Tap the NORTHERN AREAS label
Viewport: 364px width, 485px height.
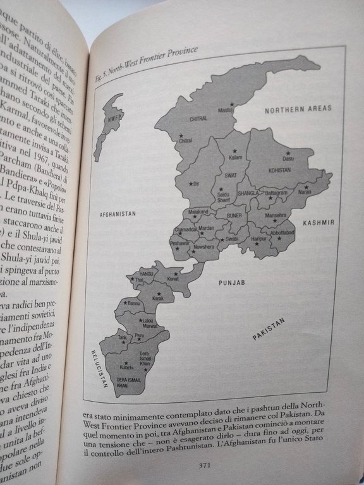tap(298, 109)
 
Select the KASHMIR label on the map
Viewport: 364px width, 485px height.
tap(317, 223)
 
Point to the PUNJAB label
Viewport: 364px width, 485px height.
tap(231, 284)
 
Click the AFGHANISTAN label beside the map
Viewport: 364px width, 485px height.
tap(118, 214)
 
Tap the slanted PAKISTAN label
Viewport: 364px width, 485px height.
tap(269, 329)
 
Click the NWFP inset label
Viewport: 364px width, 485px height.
tap(114, 117)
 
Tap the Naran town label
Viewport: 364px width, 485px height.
tap(305, 195)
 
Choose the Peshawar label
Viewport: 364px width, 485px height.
tap(180, 243)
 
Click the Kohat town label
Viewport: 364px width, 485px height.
tap(173, 278)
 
